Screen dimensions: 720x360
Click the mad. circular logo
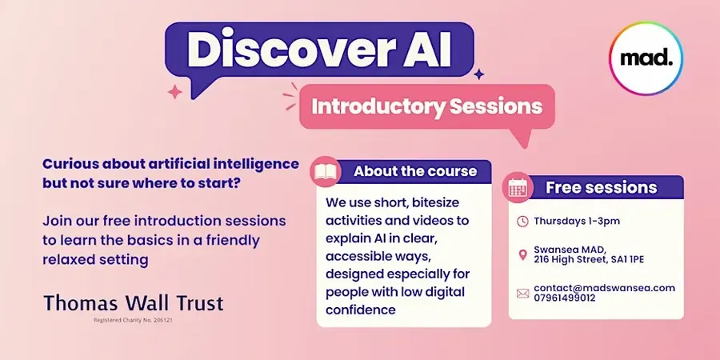click(646, 58)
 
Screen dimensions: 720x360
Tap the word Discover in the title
click(290, 49)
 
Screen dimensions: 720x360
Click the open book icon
click(326, 172)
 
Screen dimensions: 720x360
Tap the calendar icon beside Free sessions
click(518, 187)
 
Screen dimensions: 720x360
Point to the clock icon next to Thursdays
click(522, 222)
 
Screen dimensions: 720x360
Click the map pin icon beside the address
click(522, 255)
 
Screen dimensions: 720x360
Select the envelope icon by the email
click(522, 293)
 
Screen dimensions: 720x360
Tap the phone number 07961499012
click(564, 298)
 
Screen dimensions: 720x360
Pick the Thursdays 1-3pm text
click(577, 221)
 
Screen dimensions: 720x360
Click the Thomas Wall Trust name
click(134, 303)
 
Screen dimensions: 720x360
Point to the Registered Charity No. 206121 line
click(133, 320)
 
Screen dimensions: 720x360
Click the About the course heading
click(415, 171)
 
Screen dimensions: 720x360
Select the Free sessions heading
click(601, 187)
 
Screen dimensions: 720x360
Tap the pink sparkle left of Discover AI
click(174, 92)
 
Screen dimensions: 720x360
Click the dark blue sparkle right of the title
click(479, 74)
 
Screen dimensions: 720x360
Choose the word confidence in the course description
click(361, 310)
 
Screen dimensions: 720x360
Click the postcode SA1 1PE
click(627, 259)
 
